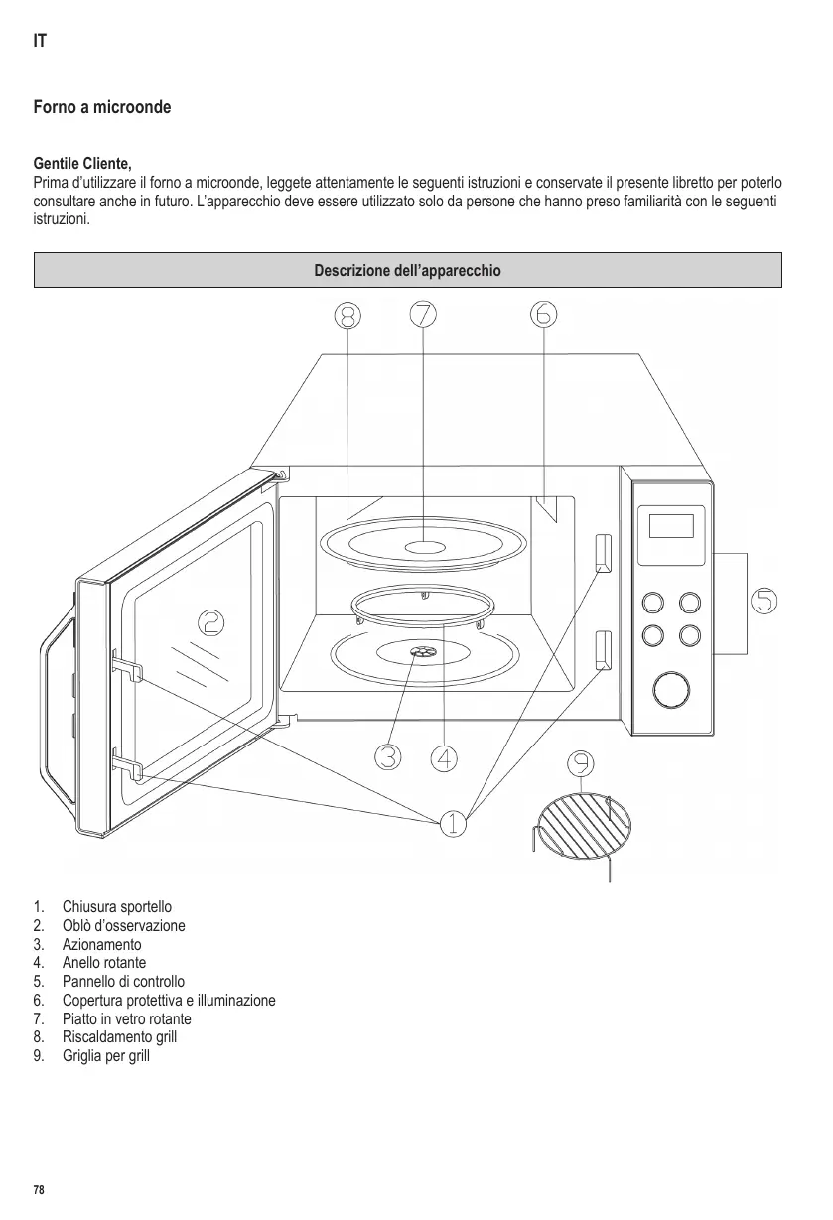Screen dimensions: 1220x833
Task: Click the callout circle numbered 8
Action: (347, 314)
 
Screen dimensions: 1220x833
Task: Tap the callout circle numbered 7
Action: (423, 314)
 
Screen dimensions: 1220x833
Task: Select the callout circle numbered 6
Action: (544, 314)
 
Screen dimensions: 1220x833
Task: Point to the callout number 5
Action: (763, 601)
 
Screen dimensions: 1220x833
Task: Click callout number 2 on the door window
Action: (210, 622)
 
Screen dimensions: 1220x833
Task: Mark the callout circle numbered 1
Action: (452, 823)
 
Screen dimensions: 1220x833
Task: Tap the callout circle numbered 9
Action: (582, 763)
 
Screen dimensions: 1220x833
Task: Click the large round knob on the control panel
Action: (672, 688)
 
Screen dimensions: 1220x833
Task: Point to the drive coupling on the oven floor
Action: (422, 651)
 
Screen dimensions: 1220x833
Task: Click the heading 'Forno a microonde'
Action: (102, 106)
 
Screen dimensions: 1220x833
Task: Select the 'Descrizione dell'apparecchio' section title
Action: (408, 270)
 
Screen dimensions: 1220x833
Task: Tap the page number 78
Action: (39, 1189)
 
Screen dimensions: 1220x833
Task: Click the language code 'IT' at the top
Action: (40, 43)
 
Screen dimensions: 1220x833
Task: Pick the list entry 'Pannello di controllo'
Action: (123, 982)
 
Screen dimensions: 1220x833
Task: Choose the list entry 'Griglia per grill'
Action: (105, 1056)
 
